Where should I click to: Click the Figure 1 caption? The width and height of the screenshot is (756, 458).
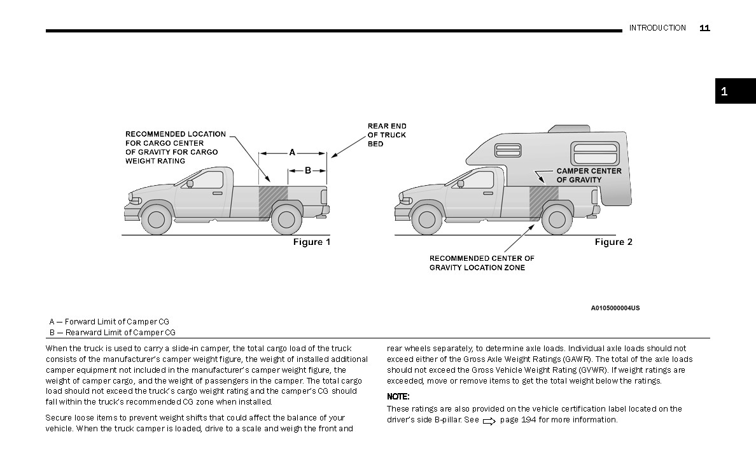(312, 242)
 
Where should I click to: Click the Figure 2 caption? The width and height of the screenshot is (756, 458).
(613, 242)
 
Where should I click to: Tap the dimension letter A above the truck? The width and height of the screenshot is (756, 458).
(292, 153)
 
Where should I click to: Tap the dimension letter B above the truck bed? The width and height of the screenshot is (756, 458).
(307, 170)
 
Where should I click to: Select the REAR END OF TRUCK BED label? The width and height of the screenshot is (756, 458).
(386, 135)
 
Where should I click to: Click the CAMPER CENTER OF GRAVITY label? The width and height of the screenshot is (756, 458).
(589, 175)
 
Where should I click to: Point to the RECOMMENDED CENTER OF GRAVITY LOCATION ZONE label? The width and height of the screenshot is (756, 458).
(482, 263)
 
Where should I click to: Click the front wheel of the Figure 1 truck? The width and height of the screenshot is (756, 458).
(156, 219)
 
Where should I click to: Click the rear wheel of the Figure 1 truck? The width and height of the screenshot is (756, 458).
(286, 219)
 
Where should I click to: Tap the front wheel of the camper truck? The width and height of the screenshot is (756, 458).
(426, 219)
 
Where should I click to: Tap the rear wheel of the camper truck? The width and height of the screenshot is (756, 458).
(557, 219)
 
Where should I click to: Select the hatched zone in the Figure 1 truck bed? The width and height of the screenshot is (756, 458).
(273, 201)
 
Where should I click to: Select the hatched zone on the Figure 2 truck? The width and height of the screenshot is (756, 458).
(543, 201)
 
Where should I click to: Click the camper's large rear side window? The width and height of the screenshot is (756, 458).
(596, 153)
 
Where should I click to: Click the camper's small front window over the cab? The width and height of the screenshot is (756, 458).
(508, 151)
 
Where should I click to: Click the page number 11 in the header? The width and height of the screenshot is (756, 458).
(704, 28)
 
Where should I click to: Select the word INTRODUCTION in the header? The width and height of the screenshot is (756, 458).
(657, 28)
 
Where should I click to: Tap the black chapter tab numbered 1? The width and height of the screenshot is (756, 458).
(735, 91)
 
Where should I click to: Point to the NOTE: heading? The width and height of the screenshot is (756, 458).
(398, 397)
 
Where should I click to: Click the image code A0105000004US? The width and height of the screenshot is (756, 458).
(615, 308)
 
